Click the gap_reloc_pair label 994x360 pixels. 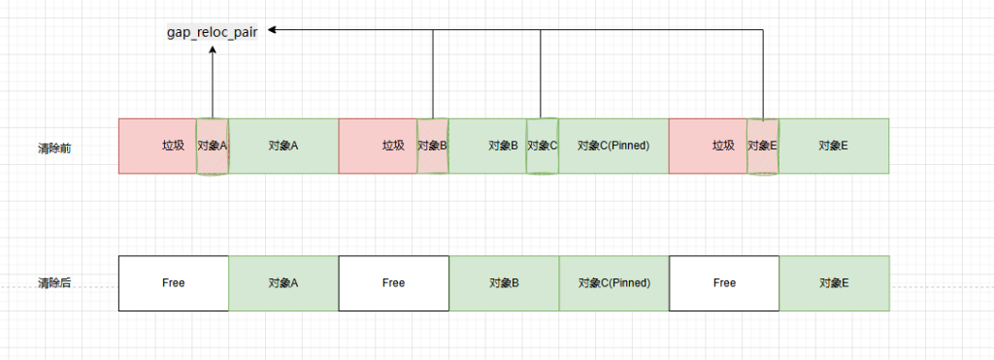[x=213, y=31]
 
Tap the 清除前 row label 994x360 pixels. [x=54, y=147]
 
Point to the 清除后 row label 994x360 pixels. [x=54, y=283]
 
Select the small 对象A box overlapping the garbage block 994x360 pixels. [x=213, y=147]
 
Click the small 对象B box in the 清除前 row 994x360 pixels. [x=433, y=147]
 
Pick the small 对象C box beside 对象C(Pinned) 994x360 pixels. [x=543, y=147]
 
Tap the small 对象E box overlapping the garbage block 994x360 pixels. [x=763, y=147]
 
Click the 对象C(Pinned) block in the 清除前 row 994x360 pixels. [x=613, y=147]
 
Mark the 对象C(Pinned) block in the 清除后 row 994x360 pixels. [x=613, y=283]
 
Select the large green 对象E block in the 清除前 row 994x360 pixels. [x=834, y=147]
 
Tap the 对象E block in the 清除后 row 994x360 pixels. [x=834, y=283]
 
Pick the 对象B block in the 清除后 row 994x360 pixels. [x=503, y=283]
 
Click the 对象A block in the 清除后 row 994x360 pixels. [x=283, y=283]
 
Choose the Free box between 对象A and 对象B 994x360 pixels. [x=393, y=283]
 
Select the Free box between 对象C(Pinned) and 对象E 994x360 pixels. [x=724, y=283]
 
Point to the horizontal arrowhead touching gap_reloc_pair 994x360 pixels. [x=275, y=30]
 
